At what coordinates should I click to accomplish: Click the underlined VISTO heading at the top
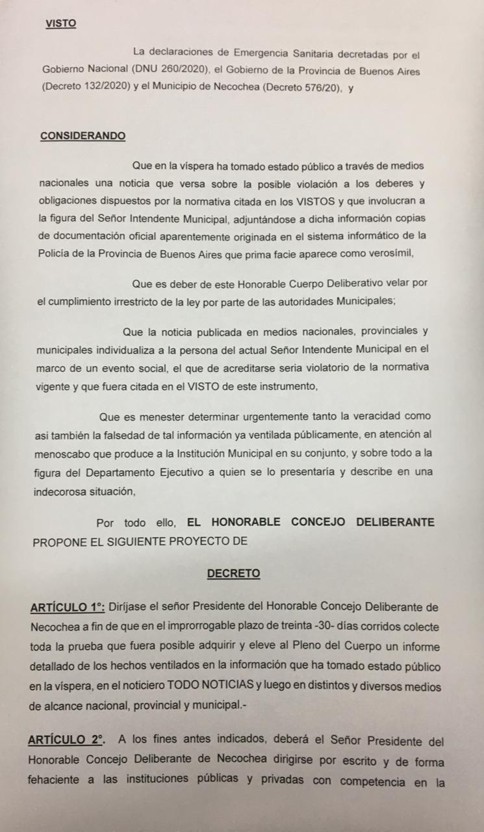coord(60,23)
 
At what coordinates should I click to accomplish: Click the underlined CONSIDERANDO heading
coord(83,136)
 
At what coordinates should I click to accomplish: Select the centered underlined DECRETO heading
coord(233,573)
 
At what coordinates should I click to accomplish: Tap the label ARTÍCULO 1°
coord(67,608)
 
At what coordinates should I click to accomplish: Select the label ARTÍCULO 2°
coord(66,740)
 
